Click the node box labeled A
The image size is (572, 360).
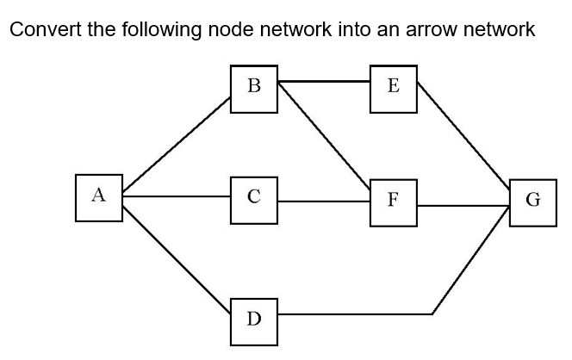(x=98, y=197)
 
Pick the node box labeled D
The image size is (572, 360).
(x=253, y=320)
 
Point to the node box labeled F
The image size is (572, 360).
(x=394, y=202)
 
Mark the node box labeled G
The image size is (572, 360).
(x=532, y=202)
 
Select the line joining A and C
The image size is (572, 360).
(x=177, y=197)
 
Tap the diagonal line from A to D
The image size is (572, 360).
(x=177, y=253)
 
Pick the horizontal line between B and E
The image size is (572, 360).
(x=324, y=83)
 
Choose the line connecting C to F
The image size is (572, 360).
(x=324, y=202)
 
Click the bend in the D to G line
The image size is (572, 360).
(x=433, y=314)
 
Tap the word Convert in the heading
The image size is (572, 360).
(x=42, y=30)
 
